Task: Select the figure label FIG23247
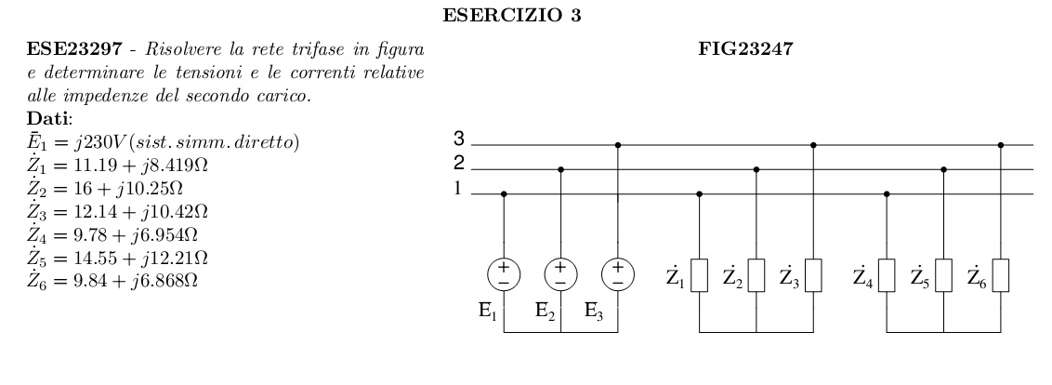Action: click(744, 52)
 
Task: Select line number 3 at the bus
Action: click(458, 139)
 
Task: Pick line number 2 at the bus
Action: click(458, 165)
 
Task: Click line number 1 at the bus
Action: click(458, 190)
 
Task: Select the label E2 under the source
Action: click(546, 313)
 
